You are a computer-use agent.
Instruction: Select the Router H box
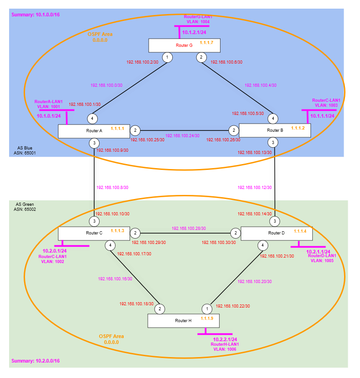(x=183, y=320)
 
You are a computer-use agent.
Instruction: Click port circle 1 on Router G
(x=168, y=58)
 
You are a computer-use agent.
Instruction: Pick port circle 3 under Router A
(x=94, y=143)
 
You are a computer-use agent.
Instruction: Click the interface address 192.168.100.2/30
(x=141, y=62)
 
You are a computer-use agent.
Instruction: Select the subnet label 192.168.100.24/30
(x=182, y=135)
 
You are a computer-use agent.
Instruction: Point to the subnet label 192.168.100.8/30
(x=113, y=187)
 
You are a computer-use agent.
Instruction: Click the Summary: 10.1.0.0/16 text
(x=35, y=15)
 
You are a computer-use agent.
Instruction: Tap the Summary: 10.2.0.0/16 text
(x=35, y=361)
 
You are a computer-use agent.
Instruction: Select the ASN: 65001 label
(x=25, y=153)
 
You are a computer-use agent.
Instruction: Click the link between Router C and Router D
(x=186, y=233)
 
